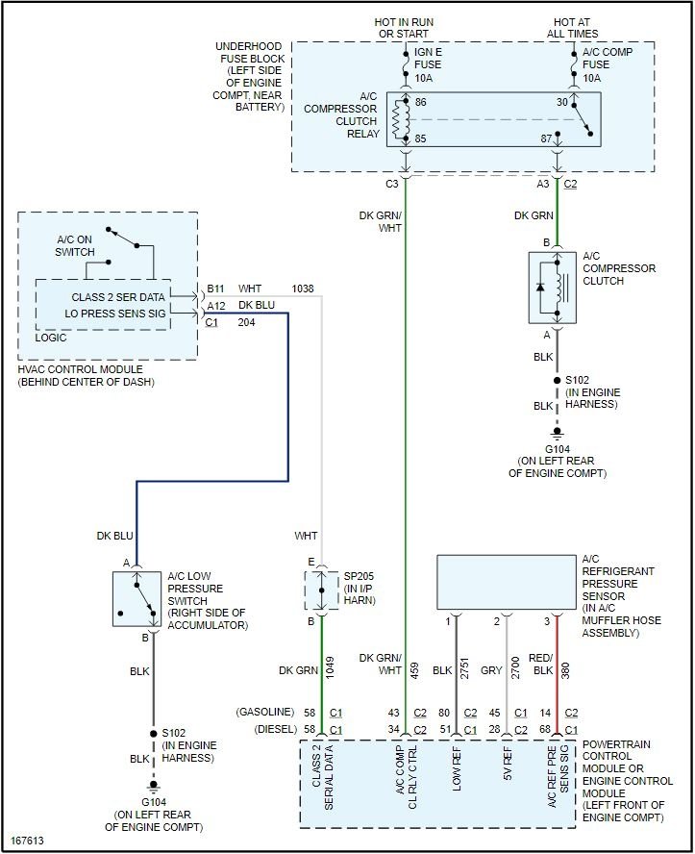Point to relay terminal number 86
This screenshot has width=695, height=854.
[x=420, y=102]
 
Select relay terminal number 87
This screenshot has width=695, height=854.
[x=546, y=138]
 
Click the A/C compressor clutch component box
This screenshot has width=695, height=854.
[x=553, y=288]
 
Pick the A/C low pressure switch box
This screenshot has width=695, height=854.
[x=137, y=599]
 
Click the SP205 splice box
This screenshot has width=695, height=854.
[x=321, y=590]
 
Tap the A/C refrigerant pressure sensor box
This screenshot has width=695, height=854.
[x=507, y=582]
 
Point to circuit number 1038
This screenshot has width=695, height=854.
[x=303, y=289]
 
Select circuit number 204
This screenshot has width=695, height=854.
[x=246, y=322]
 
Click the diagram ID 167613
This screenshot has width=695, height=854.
[x=27, y=841]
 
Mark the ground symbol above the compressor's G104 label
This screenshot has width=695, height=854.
[x=557, y=433]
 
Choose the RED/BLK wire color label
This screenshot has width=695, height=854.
[x=541, y=665]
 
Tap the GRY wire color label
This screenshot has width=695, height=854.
[x=491, y=670]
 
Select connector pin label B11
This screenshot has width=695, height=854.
[x=215, y=289]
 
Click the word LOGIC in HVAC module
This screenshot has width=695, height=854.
[x=51, y=338]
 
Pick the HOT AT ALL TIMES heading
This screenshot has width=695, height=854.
[x=572, y=28]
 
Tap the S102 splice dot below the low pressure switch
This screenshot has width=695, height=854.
[x=154, y=734]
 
